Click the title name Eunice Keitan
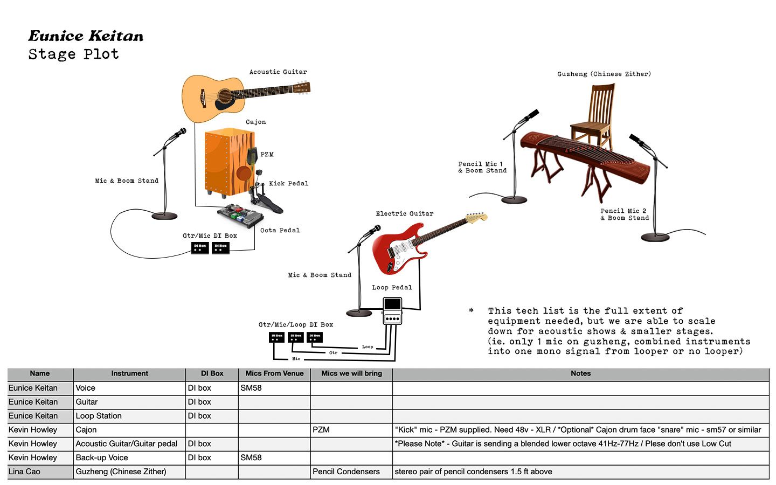86,36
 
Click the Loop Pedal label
392,288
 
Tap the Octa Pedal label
280,231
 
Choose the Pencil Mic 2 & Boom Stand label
625,214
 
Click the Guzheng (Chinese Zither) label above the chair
604,74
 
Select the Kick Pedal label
288,184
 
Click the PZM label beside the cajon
267,155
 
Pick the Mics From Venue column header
274,373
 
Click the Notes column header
580,373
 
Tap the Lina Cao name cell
25,472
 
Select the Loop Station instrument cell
99,416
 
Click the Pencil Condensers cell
346,472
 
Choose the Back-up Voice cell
102,458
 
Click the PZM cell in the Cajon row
321,430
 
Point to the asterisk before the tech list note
472,311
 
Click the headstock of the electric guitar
477,218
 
